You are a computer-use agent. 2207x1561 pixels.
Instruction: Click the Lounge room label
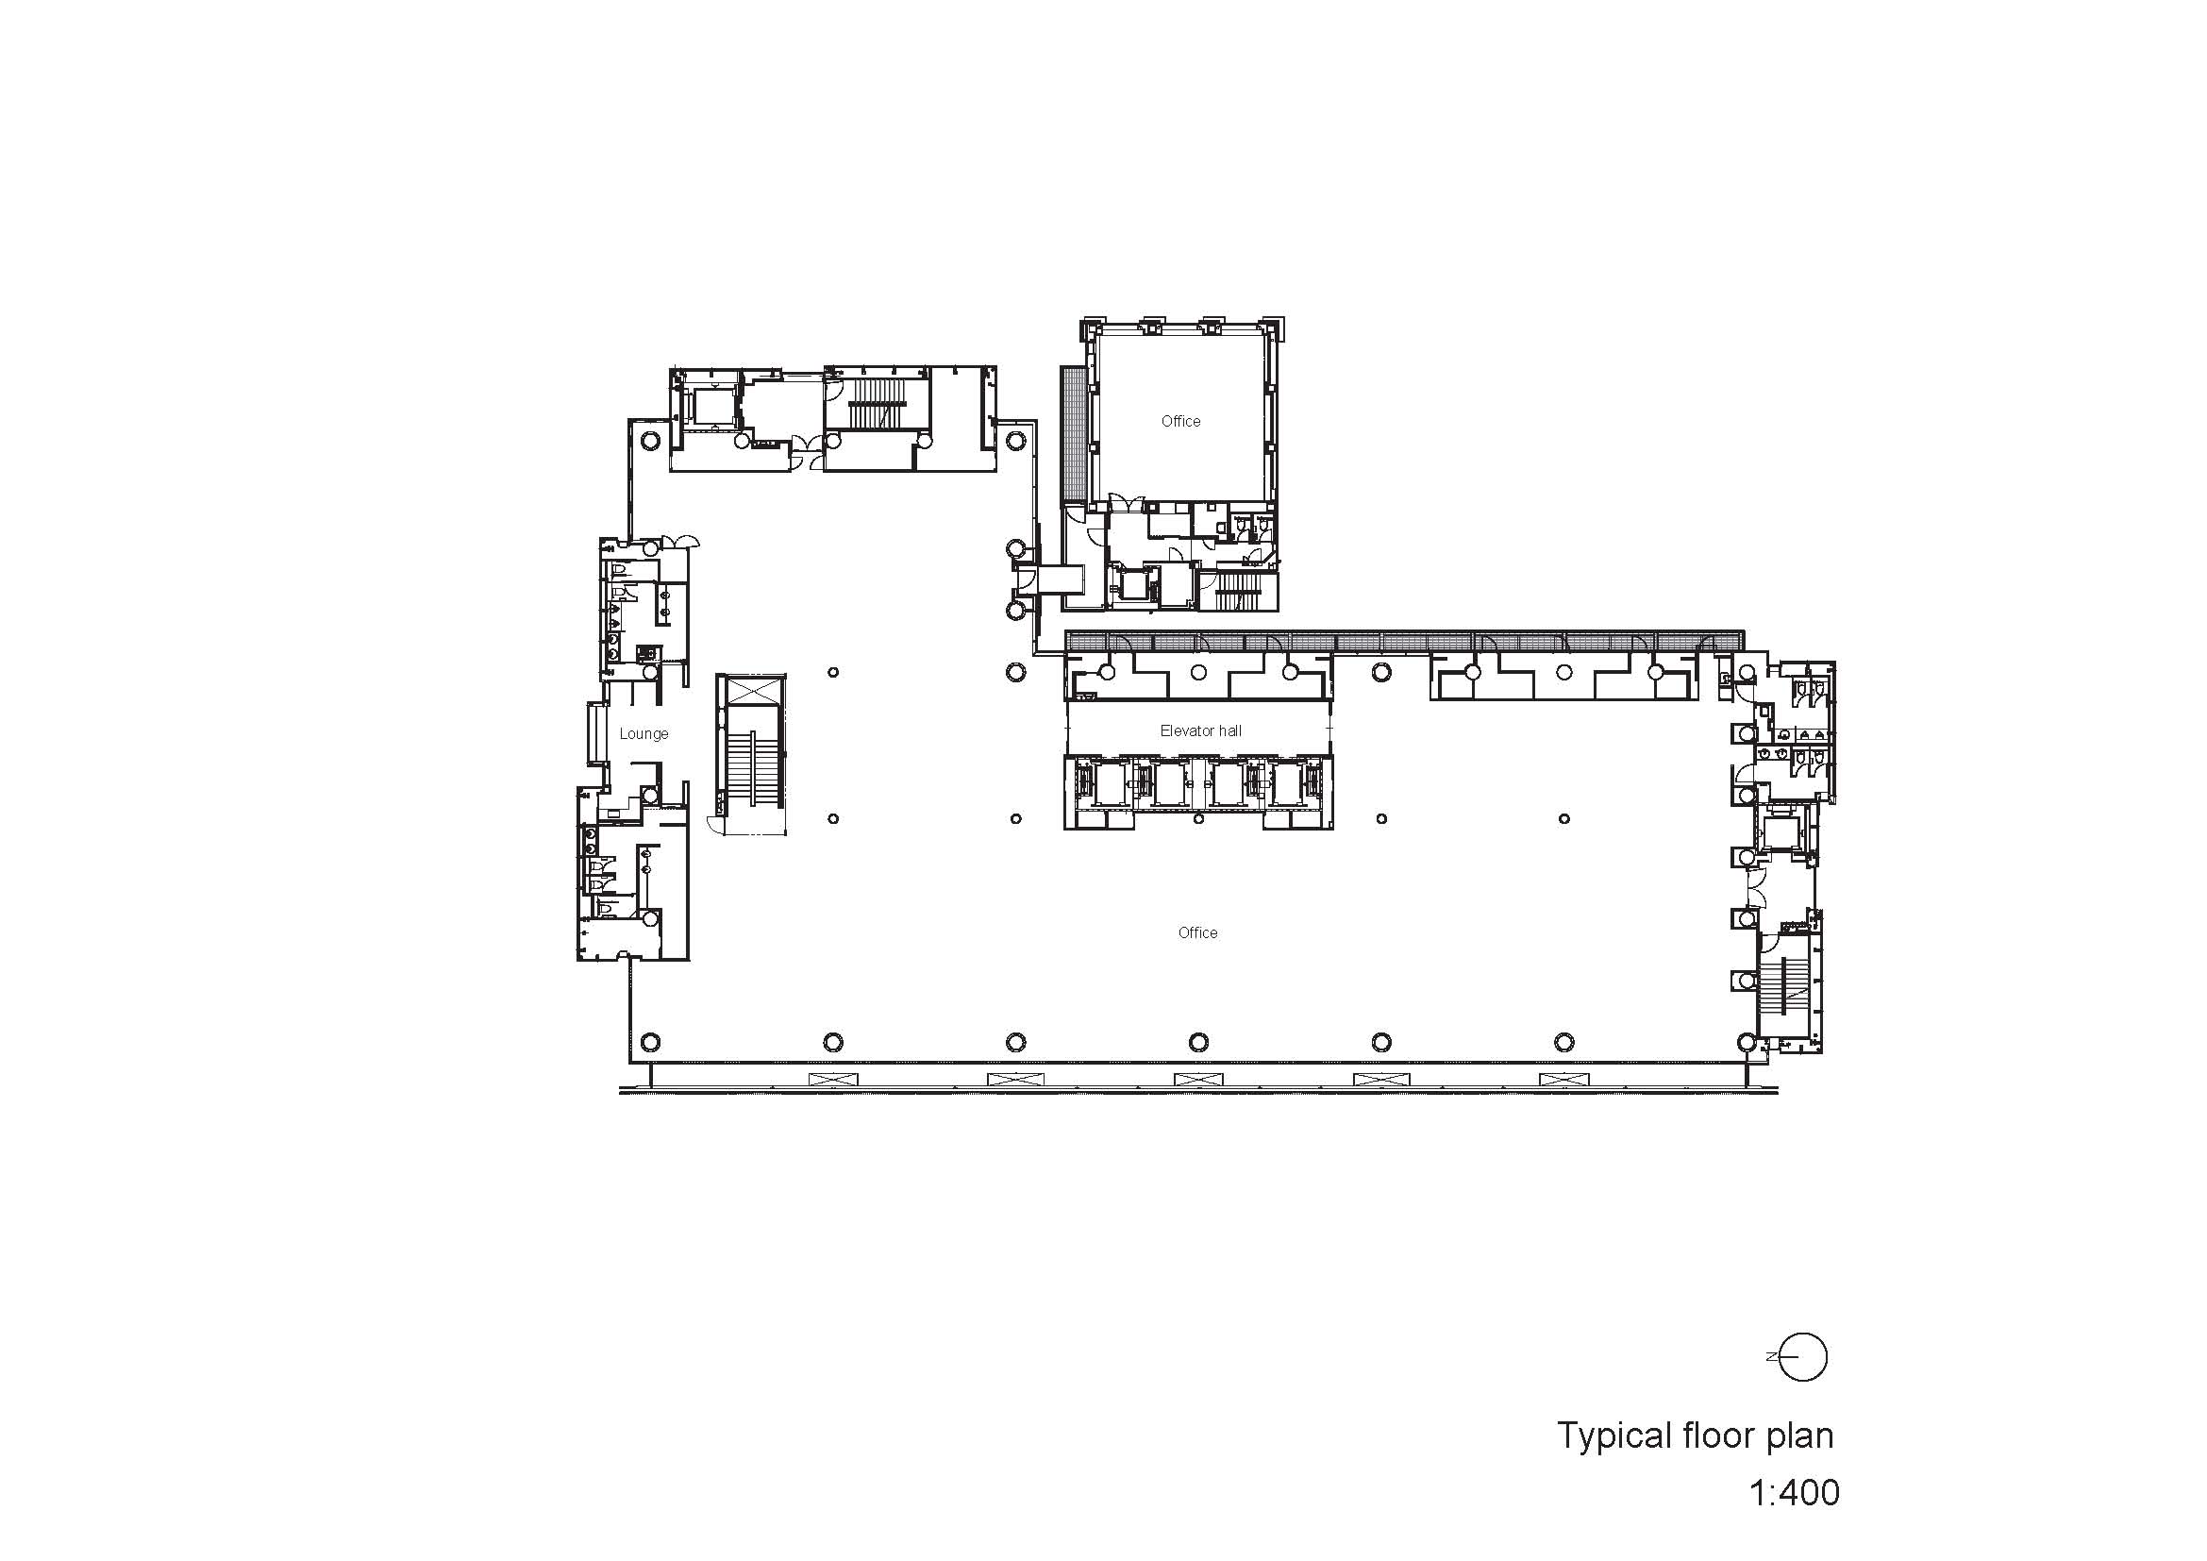[x=644, y=733]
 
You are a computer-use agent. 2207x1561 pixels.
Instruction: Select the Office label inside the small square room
[x=1180, y=421]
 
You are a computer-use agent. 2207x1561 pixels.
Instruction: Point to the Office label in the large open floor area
[x=1197, y=932]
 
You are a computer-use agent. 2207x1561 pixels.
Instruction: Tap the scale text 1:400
[x=1794, y=1493]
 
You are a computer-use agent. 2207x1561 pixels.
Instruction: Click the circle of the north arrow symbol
[x=1802, y=1357]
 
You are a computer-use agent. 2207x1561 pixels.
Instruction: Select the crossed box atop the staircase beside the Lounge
[x=751, y=690]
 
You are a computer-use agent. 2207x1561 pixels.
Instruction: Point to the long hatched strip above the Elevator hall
[x=1404, y=640]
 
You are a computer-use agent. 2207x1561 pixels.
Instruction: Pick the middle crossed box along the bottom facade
[x=1192, y=1080]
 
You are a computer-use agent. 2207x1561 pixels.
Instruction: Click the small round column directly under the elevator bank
[x=1198, y=819]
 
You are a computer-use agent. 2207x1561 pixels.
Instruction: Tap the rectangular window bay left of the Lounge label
[x=597, y=732]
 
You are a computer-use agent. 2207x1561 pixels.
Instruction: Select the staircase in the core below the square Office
[x=1239, y=590]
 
